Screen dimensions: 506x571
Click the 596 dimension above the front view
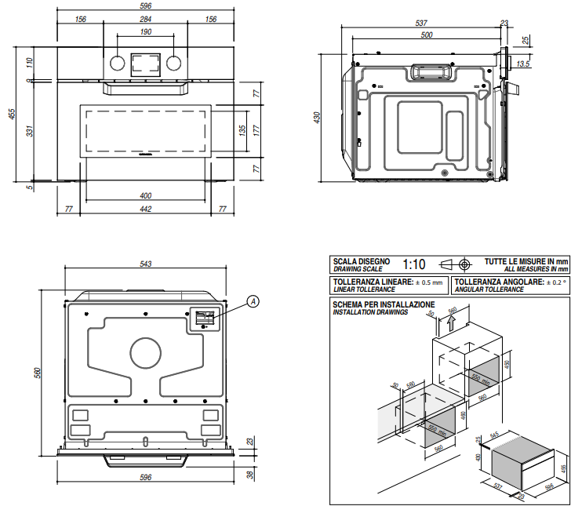146,6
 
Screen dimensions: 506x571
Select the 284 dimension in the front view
146,20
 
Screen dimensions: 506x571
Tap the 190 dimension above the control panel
146,32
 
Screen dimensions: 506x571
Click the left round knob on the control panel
116,64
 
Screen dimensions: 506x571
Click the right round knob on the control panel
175,64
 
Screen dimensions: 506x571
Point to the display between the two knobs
146,63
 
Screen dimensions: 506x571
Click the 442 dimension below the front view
146,209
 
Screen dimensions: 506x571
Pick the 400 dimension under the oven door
146,195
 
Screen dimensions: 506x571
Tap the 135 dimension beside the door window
243,129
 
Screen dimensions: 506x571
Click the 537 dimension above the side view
421,23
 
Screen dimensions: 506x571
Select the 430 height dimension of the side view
318,117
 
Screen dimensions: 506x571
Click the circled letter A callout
253,300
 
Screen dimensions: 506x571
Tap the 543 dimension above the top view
146,264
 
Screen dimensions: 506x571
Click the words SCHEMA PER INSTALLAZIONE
383,304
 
